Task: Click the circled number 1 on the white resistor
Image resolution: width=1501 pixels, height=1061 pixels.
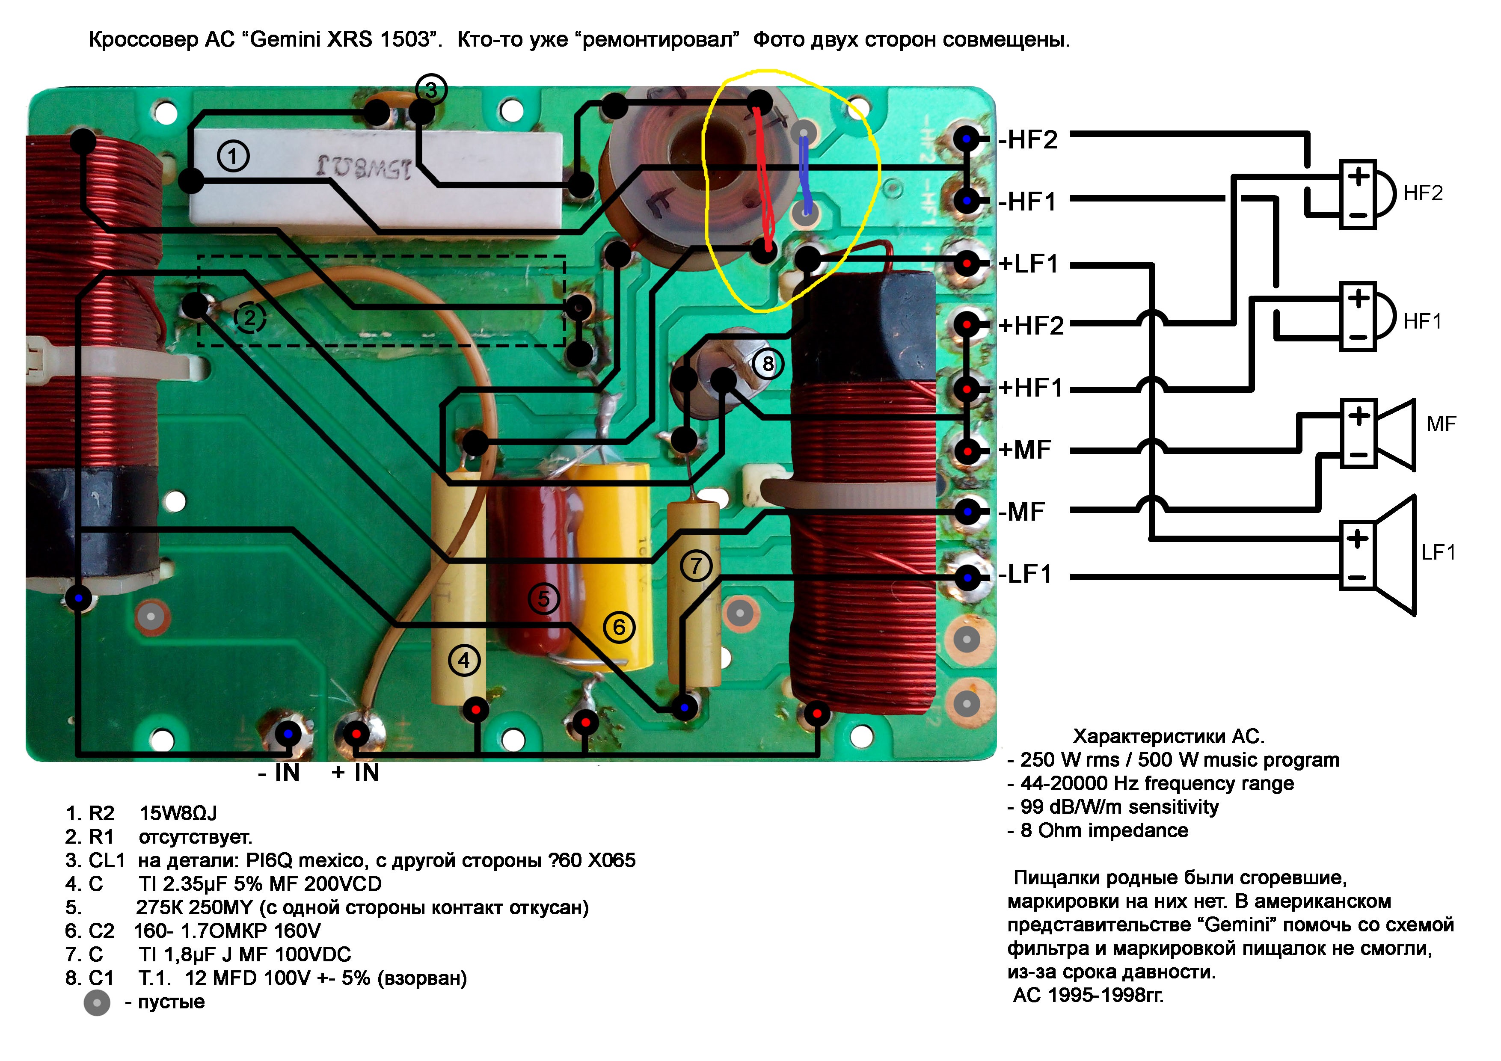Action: pos(233,156)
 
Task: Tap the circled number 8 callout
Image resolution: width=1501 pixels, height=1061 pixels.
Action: pos(768,364)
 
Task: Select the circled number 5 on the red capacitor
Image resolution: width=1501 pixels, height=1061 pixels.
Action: pos(544,598)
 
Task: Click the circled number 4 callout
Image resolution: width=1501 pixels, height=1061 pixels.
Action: pos(463,660)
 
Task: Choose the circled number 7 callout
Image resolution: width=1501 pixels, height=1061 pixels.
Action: pos(696,566)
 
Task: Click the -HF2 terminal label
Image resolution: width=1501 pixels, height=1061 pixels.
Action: pos(1028,139)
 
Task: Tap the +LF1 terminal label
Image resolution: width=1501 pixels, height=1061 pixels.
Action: pos(1028,264)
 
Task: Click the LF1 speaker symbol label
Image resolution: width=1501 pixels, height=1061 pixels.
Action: pos(1438,552)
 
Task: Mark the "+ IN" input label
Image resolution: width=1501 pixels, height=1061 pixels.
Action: pos(355,773)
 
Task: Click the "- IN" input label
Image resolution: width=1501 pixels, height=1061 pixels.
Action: pos(279,773)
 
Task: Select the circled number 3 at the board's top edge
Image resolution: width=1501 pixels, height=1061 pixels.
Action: pos(431,89)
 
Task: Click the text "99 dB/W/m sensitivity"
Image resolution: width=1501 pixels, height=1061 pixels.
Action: pos(1119,807)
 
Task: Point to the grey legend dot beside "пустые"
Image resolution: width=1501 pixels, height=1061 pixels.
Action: pos(97,1002)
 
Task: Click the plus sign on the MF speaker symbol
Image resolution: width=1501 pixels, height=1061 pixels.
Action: pos(1359,416)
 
